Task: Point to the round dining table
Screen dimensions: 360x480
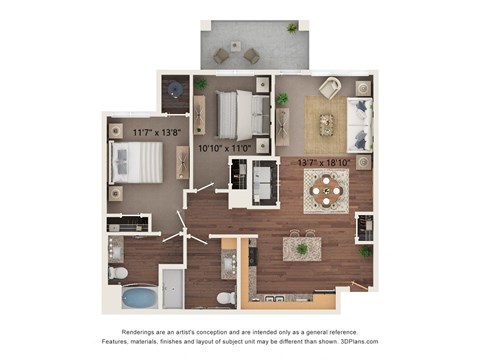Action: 325,189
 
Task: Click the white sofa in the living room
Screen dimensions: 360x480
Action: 360,124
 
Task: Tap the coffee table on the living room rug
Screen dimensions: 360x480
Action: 327,124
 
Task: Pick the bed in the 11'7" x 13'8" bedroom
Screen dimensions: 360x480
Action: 135,162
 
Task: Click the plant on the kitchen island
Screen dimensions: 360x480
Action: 301,247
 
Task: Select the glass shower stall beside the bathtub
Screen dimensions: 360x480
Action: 171,288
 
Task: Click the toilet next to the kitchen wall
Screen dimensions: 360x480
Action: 226,298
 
